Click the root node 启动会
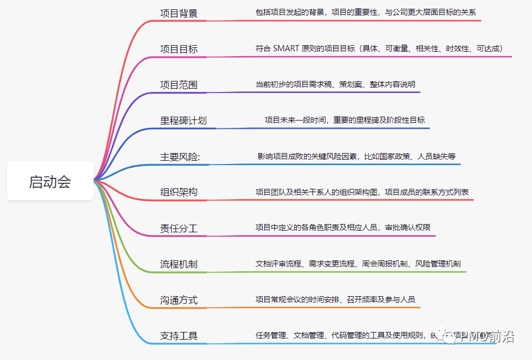[50, 181]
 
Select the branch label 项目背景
[179, 13]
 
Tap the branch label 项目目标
[179, 49]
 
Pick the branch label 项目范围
[179, 85]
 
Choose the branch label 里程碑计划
[183, 121]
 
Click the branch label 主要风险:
[180, 156]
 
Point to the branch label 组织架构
[179, 192]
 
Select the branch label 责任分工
[179, 228]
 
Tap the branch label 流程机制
[179, 264]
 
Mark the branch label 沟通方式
[179, 300]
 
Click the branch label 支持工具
[179, 336]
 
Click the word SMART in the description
[286, 48]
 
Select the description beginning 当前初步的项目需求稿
[335, 84]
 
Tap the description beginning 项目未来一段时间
[345, 120]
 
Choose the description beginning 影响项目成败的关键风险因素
[357, 156]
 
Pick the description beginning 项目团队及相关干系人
[362, 192]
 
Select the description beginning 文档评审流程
[358, 264]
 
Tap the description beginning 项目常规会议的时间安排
[335, 299]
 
